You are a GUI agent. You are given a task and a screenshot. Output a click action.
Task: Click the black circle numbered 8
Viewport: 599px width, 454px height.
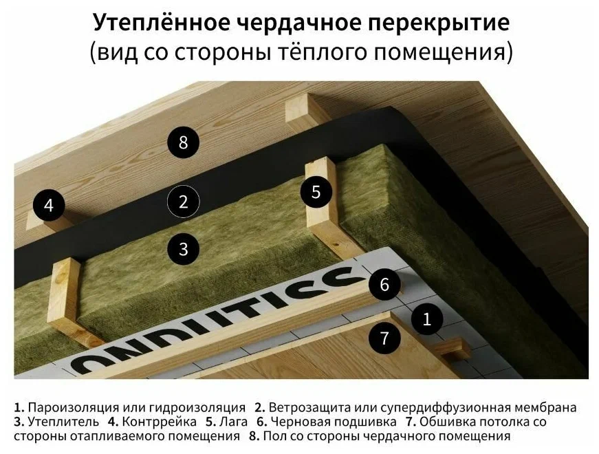pos(183,143)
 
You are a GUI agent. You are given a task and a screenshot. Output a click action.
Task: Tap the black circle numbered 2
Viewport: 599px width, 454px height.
pos(183,202)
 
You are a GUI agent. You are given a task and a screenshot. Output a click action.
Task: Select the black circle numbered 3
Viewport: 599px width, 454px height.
pos(183,248)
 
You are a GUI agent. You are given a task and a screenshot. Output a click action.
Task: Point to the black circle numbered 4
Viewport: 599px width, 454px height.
pos(48,205)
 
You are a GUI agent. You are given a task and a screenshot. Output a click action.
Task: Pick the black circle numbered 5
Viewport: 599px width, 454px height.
pos(316,192)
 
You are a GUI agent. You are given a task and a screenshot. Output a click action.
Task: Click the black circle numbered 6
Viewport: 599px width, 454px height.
pos(384,284)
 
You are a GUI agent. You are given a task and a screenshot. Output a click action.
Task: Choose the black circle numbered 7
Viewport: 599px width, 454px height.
pos(384,338)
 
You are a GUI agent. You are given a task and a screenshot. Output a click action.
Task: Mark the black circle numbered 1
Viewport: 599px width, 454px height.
pos(427,319)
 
